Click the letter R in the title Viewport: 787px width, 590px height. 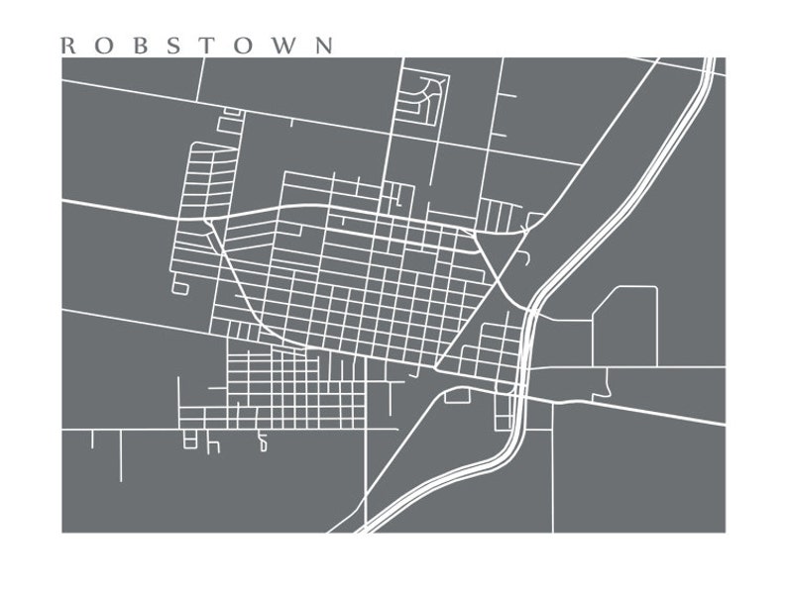click(x=67, y=46)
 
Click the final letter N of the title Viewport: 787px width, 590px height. click(x=323, y=46)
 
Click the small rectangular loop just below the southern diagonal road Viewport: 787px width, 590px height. click(x=457, y=396)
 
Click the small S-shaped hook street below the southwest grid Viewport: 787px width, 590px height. click(x=263, y=442)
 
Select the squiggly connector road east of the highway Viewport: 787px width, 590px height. click(x=605, y=380)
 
